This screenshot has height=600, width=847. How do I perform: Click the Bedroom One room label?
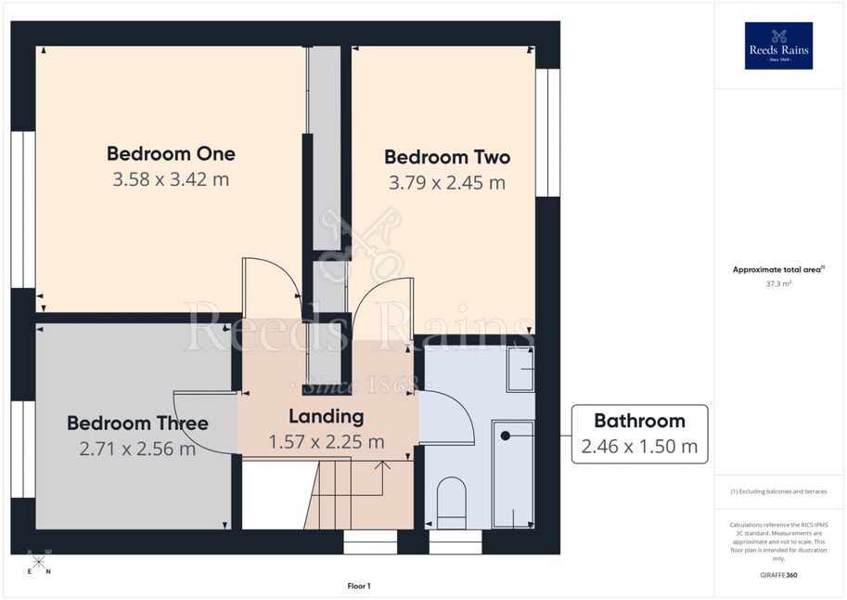pos(171,153)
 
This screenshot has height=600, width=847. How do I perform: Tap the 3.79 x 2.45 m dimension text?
pos(447,183)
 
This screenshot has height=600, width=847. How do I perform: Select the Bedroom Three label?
pos(137,424)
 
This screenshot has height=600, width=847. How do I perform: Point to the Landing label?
pos(327,417)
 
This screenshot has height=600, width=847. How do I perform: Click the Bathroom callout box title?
pos(639,421)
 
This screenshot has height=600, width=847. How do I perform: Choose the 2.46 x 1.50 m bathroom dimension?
pos(639,447)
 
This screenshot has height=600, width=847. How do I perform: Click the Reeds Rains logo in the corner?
pos(778,46)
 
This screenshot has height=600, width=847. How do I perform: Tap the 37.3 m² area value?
pos(778,283)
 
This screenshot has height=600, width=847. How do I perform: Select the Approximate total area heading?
pos(778,269)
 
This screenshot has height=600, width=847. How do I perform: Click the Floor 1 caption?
pos(359,586)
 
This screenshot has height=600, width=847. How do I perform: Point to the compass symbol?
pos(38,562)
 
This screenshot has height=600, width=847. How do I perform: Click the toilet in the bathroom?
pos(451,502)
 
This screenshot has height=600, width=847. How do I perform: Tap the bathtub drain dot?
pos(505,436)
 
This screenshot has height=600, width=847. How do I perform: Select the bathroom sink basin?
pos(520,369)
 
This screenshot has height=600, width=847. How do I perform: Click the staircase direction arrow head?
pos(382,464)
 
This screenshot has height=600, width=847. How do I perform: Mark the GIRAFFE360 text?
pos(778,575)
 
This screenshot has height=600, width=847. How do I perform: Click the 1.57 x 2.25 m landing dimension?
pos(327,442)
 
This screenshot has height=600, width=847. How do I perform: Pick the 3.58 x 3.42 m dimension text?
pos(171,179)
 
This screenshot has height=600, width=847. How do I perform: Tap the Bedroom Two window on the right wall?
pos(547,133)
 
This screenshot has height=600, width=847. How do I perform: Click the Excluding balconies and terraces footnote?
pos(778,491)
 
